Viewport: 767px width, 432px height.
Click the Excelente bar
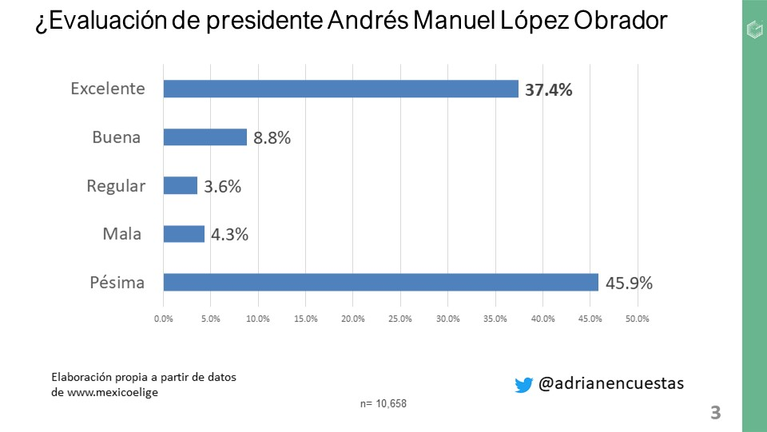[340, 89]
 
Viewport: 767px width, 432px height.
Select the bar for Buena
[205, 137]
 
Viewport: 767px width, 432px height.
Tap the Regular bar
[180, 186]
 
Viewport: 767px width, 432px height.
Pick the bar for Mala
[184, 234]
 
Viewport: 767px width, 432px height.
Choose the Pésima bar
[380, 282]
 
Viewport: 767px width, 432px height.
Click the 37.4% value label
[548, 89]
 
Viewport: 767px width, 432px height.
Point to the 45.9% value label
[629, 283]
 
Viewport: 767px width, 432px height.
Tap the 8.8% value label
[272, 137]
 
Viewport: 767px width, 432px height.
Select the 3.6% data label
[222, 187]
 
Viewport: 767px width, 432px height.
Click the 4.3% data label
[229, 235]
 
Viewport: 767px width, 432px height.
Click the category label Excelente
[108, 89]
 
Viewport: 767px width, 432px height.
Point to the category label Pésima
[117, 282]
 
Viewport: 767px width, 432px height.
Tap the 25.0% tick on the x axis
[400, 319]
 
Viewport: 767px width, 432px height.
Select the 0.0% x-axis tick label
[163, 319]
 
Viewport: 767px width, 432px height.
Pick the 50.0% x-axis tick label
[637, 319]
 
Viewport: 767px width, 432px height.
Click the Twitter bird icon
[523, 385]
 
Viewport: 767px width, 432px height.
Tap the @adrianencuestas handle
[611, 383]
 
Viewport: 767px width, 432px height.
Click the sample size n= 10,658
[383, 403]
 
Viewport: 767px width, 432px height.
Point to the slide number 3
[715, 413]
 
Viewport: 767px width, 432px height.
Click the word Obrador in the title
[619, 22]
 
